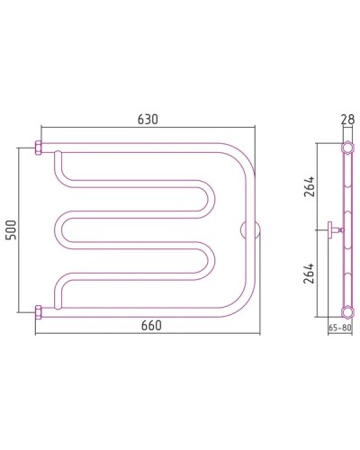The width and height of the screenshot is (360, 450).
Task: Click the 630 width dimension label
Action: point(148,120)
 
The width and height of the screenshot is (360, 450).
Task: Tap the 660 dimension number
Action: point(151,325)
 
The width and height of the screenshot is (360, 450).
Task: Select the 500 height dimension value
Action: point(11,230)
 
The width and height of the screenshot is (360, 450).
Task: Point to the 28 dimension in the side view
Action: point(347,119)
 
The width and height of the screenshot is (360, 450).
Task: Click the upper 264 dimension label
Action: point(309,186)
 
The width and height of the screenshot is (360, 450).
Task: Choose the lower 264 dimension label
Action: point(309,274)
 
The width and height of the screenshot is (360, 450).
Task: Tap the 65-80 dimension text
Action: point(339,328)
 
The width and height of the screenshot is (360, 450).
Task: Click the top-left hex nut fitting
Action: point(38,148)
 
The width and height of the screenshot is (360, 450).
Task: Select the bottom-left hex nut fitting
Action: point(38,312)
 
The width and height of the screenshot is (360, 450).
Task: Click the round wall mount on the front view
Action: point(250,230)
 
